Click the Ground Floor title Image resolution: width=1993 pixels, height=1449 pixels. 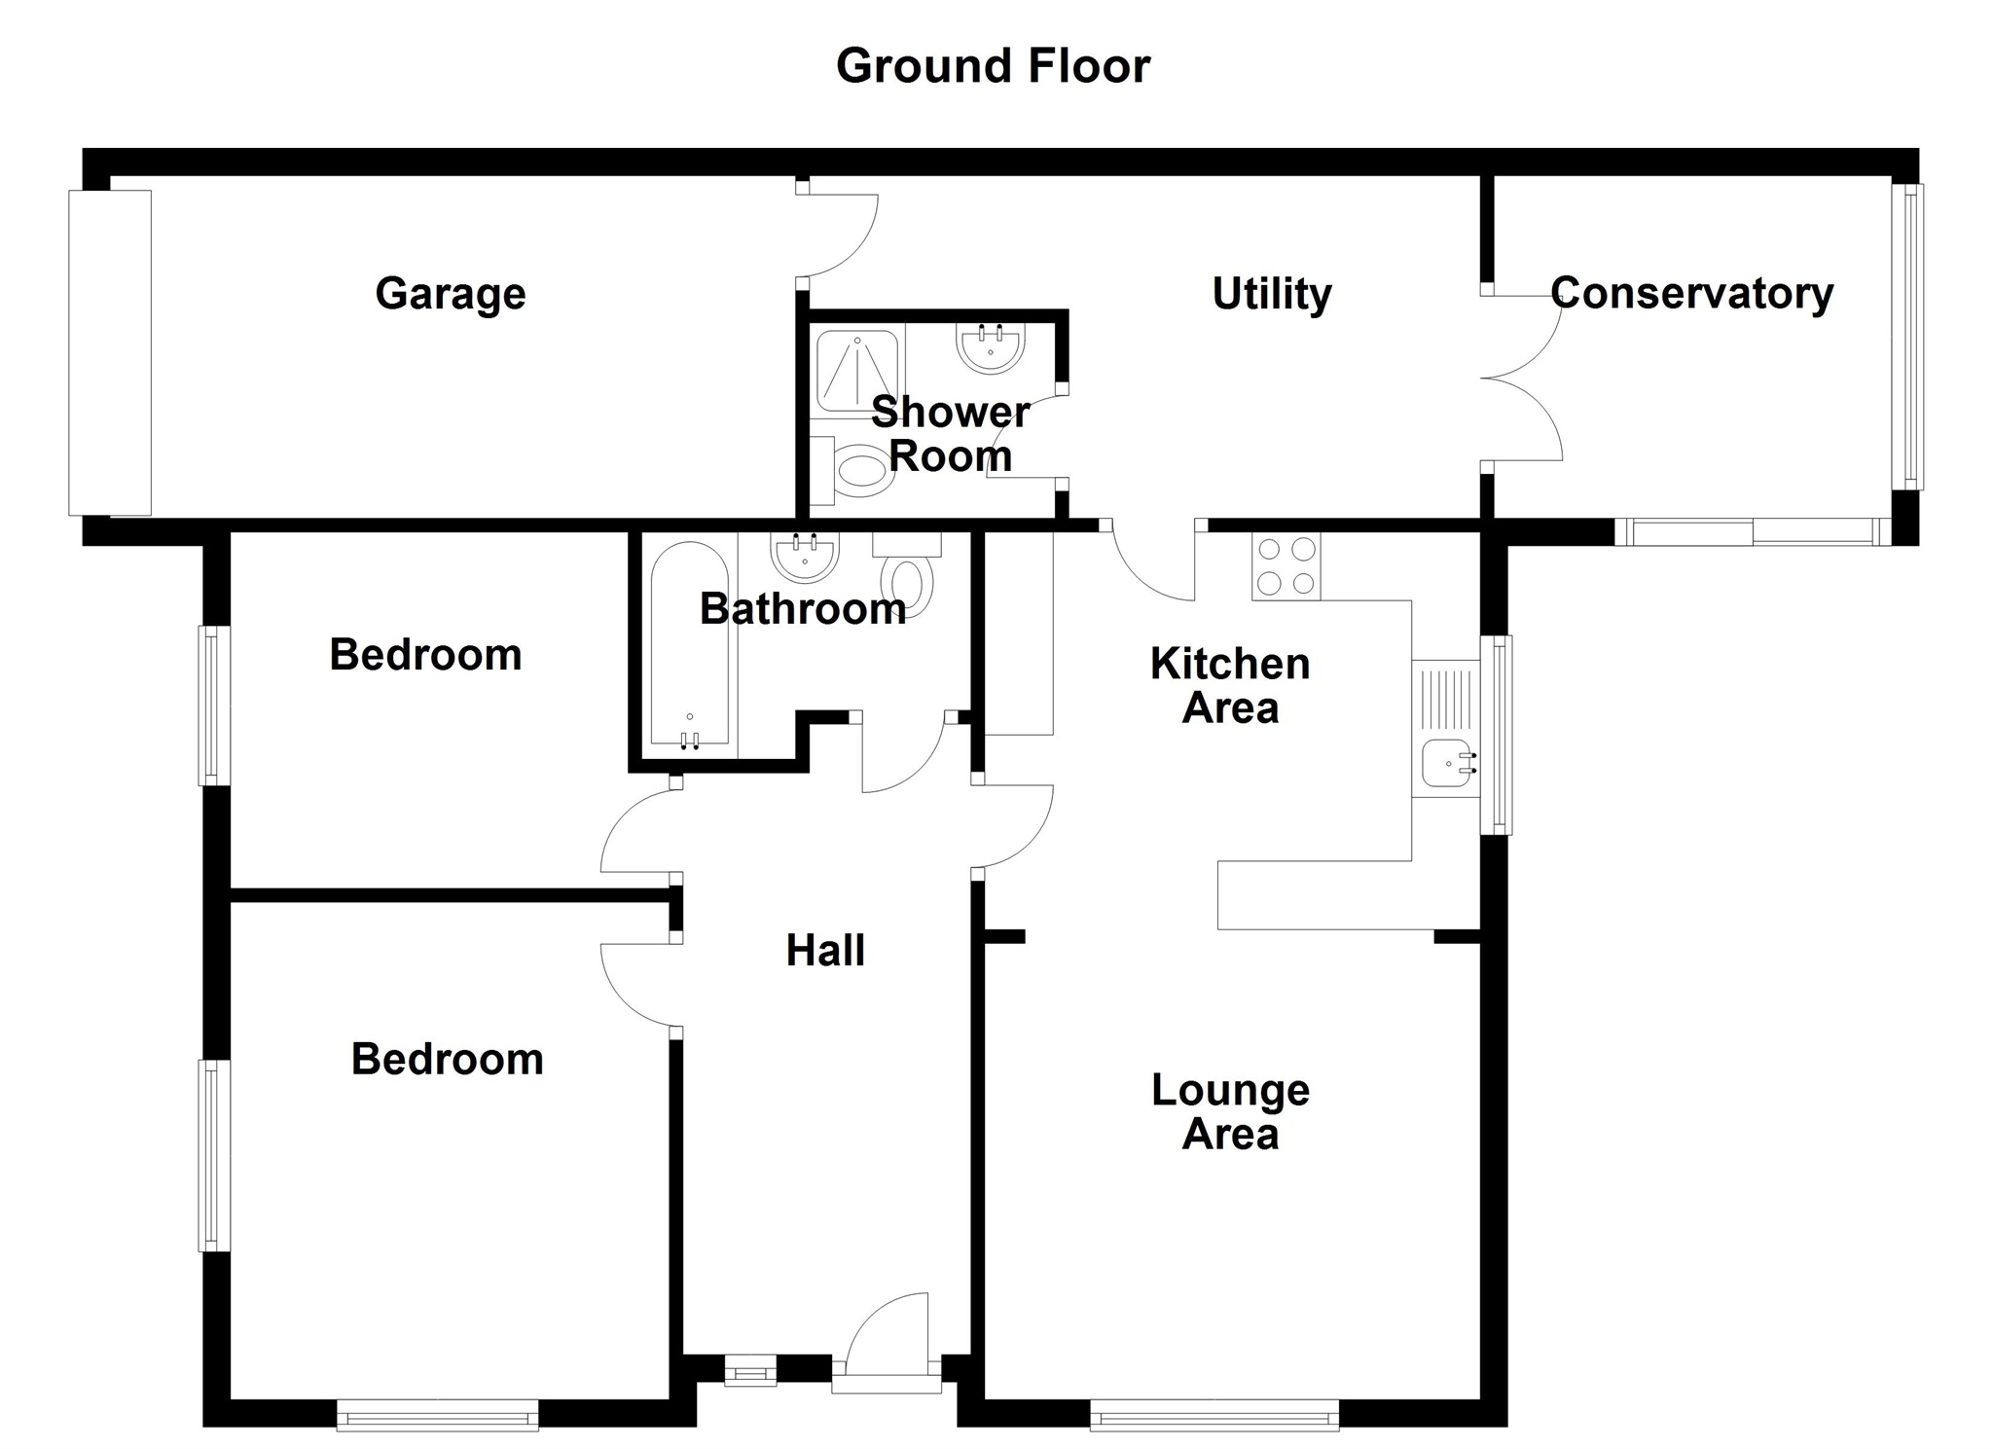pos(993,66)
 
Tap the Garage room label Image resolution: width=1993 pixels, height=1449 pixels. pos(451,293)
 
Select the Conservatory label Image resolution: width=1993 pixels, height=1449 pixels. pos(1691,293)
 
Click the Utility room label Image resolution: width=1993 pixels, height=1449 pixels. pos(1271,293)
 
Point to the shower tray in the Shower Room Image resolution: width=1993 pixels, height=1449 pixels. pos(857,371)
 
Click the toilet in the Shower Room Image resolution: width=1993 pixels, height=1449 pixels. pos(862,472)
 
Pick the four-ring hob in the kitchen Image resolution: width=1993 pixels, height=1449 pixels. pos(1286,566)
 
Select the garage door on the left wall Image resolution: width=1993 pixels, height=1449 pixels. pos(110,352)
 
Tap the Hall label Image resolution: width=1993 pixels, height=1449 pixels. pos(825,951)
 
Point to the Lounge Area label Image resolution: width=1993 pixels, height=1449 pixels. pos(1230,1112)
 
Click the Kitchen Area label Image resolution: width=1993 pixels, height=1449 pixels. pos(1230,686)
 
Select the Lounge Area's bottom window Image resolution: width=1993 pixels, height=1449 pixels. pos(1214,1415)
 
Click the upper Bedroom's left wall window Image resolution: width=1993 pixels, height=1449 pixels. pos(215,705)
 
